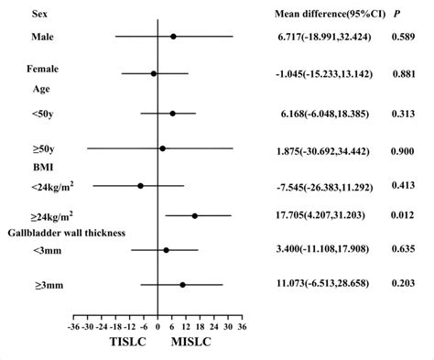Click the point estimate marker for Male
click(173, 37)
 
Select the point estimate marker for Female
click(154, 73)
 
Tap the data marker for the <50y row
click(172, 114)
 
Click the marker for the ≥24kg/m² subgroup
click(195, 216)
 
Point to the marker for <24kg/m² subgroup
click(140, 185)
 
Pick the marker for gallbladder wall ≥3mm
click(183, 285)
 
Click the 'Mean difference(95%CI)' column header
click(323, 15)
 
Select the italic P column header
click(396, 15)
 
